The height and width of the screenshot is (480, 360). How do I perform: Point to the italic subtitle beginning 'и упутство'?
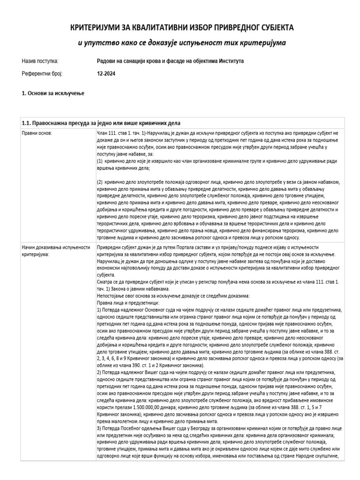click(181, 43)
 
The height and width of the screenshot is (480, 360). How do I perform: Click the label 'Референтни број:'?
click(42, 74)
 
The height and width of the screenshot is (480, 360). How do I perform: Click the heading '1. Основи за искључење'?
click(53, 94)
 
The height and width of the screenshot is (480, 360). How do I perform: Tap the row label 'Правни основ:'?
click(37, 133)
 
